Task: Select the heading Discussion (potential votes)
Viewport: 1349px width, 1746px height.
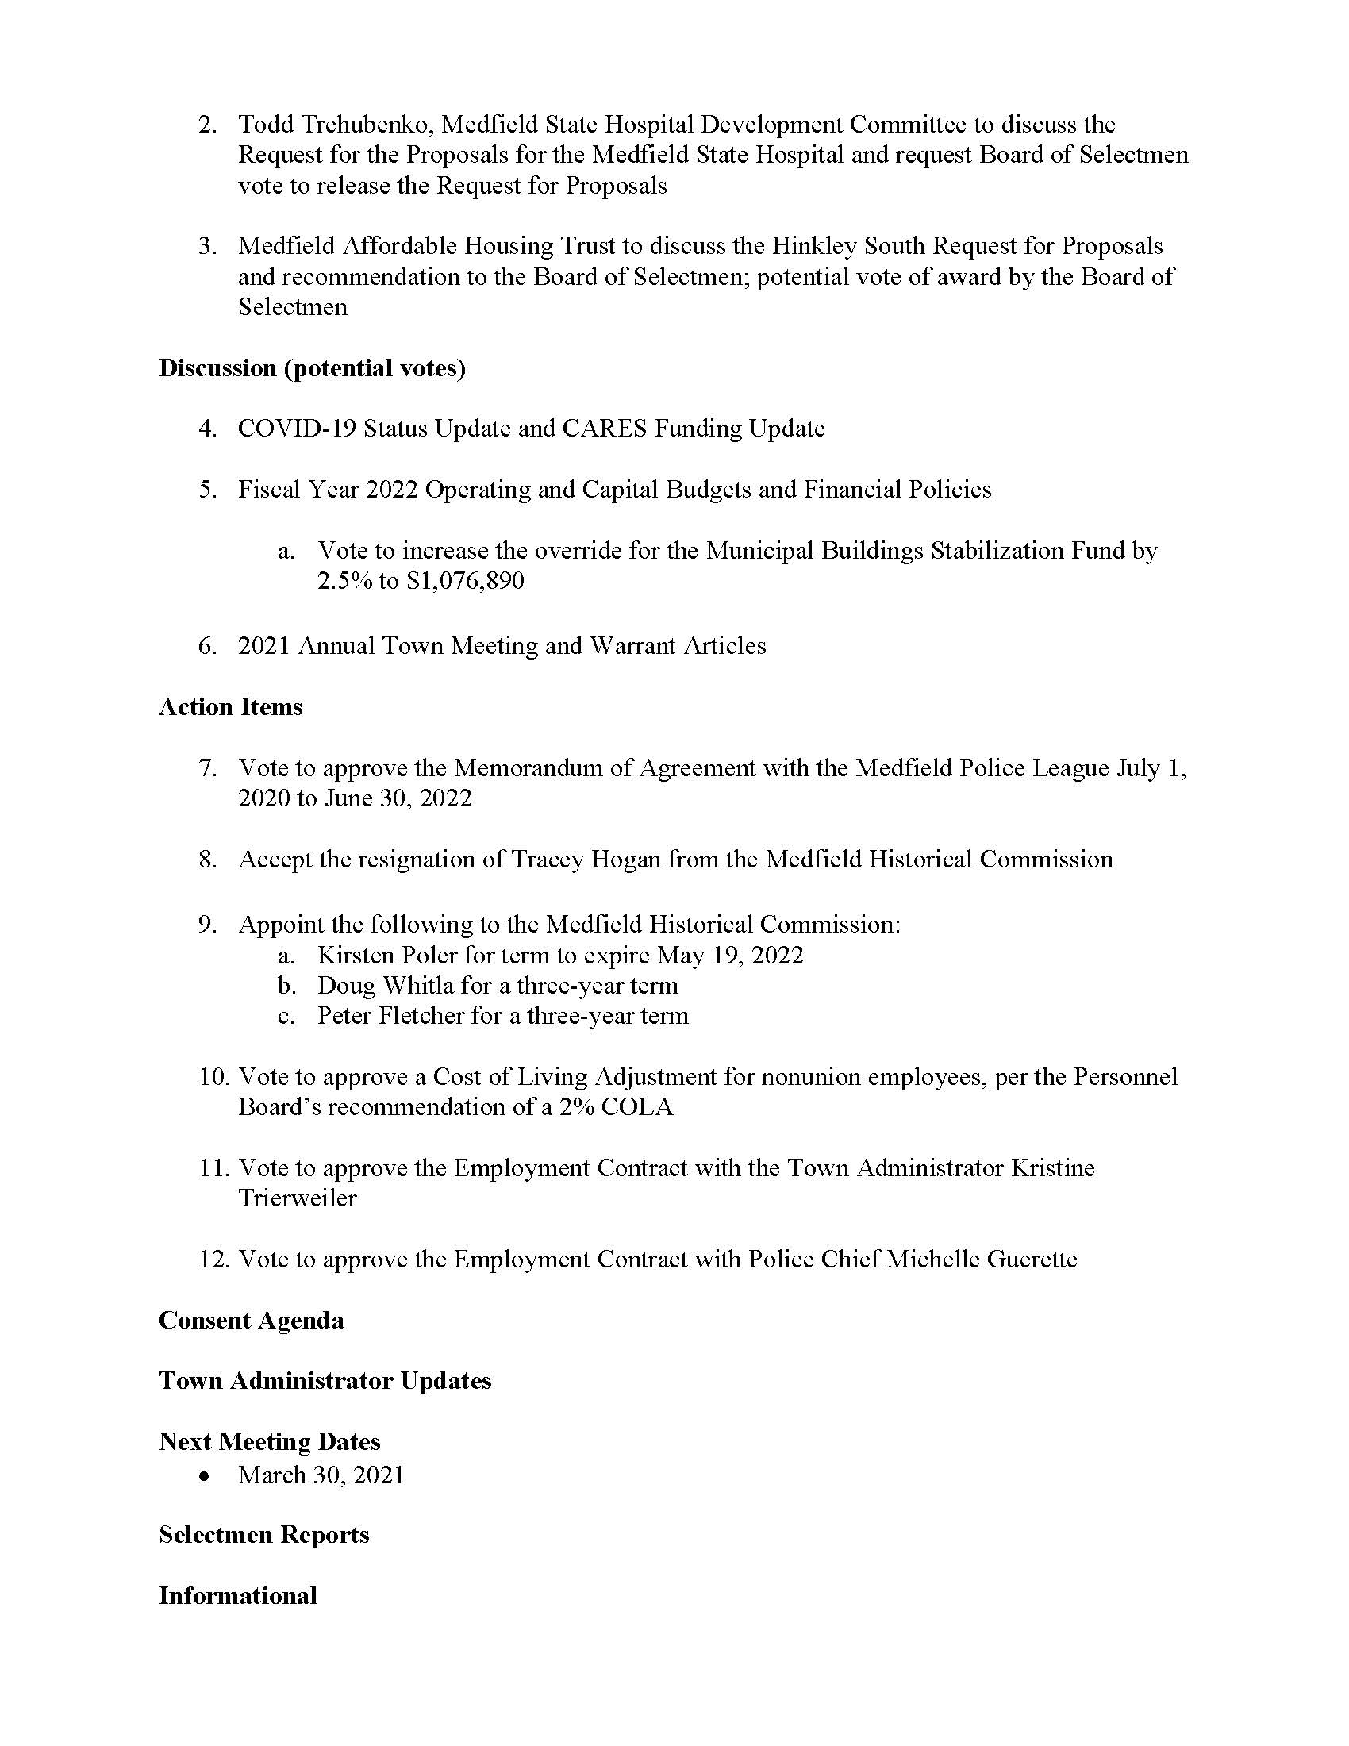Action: click(312, 368)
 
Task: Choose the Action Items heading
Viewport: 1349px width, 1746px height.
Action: click(230, 707)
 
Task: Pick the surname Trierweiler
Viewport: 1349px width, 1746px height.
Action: click(298, 1198)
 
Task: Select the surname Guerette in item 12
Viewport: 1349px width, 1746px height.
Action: click(1032, 1260)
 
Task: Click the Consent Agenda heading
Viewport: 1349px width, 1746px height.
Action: click(251, 1321)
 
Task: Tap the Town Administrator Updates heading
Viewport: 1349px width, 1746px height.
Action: click(325, 1382)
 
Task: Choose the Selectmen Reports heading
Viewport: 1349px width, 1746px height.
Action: click(263, 1535)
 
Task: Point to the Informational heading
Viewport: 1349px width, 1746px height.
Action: click(237, 1596)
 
